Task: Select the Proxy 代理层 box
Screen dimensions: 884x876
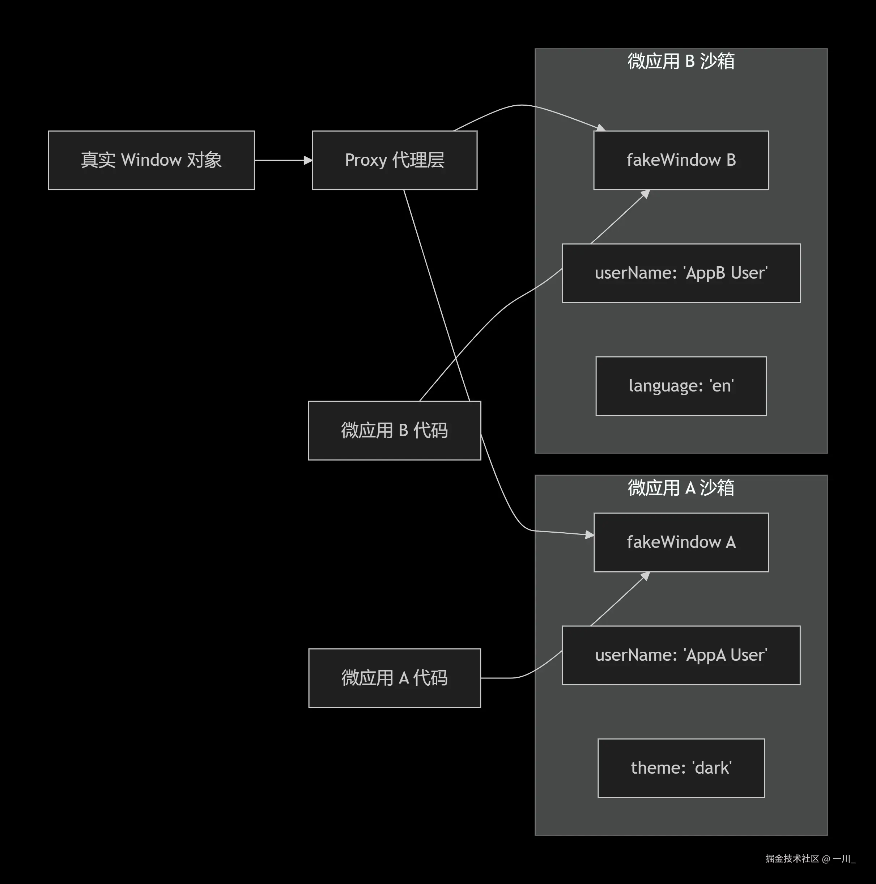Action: coord(394,160)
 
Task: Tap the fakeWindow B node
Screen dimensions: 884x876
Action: coord(681,160)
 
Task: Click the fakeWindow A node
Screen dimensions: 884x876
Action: coord(681,542)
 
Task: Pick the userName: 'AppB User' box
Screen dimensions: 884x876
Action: coord(681,273)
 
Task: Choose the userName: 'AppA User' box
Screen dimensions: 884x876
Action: coord(681,655)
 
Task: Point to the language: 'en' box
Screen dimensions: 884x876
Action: coord(681,386)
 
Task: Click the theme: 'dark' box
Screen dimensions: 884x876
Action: coord(681,768)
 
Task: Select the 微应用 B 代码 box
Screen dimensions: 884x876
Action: coord(394,431)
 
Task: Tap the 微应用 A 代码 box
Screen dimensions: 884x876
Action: coord(394,678)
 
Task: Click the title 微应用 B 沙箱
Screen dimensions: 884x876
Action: coord(681,61)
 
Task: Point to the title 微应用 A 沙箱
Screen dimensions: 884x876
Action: coord(681,488)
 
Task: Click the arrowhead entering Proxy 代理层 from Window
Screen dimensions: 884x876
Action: coord(308,160)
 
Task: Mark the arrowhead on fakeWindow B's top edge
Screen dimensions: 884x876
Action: coord(601,128)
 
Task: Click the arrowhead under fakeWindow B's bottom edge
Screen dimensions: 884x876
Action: coord(646,194)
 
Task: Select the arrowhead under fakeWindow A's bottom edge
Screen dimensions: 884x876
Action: coord(646,576)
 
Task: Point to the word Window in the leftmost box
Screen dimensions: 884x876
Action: coord(152,160)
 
